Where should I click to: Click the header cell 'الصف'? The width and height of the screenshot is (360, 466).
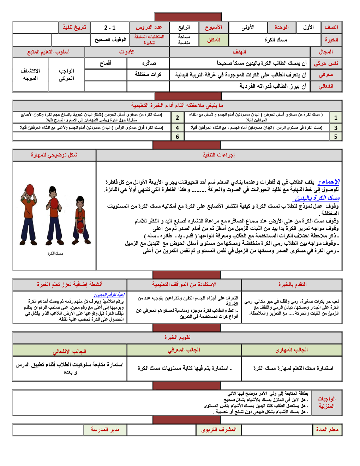tap(331, 27)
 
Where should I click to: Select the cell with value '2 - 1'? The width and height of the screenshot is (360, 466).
tap(110, 28)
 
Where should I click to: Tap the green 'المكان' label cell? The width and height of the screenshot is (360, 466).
tap(214, 40)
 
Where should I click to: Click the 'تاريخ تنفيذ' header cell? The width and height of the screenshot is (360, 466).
tap(74, 28)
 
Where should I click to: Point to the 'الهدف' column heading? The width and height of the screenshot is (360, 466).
tap(239, 52)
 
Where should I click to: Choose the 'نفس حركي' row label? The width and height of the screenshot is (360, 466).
tap(326, 63)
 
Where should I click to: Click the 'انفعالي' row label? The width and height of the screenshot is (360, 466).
tap(326, 86)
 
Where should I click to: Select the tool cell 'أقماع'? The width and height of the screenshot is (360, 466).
tap(106, 63)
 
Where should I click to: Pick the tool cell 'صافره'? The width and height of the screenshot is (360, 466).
tap(148, 63)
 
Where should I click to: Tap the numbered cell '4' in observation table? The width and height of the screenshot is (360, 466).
tap(177, 128)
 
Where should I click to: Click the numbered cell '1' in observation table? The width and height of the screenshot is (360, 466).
tap(336, 118)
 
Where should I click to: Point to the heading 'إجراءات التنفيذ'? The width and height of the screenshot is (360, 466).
tap(218, 155)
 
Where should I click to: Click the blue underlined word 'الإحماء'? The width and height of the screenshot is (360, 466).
tap(329, 182)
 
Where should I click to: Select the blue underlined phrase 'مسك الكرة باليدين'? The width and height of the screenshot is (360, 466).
tap(317, 198)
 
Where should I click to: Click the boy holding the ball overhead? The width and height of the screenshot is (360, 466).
tap(29, 214)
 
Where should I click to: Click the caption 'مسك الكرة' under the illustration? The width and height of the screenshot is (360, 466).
tap(55, 253)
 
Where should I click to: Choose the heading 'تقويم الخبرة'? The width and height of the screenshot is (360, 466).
tap(177, 337)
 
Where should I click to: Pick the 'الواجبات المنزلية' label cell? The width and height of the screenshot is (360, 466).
tap(326, 402)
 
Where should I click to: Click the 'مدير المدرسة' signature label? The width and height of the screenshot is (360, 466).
tap(105, 430)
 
